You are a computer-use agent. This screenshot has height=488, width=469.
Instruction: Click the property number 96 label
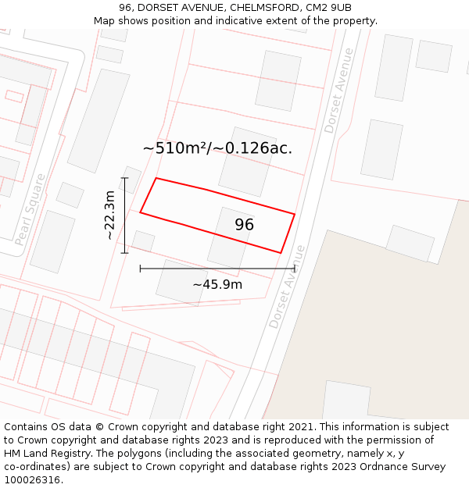click(244, 225)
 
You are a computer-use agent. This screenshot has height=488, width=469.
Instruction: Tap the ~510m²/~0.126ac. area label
click(217, 148)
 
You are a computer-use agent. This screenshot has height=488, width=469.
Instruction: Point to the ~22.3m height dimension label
click(110, 215)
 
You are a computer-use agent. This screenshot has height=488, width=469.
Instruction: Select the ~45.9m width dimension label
click(217, 284)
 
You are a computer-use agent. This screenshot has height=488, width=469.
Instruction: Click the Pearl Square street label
click(30, 209)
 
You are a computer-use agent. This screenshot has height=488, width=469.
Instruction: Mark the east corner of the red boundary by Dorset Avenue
click(295, 214)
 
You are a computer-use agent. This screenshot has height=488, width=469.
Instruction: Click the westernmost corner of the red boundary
click(140, 212)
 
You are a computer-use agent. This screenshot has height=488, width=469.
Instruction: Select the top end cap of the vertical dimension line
click(124, 178)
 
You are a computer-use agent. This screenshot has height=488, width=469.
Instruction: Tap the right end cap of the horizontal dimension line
click(295, 269)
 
